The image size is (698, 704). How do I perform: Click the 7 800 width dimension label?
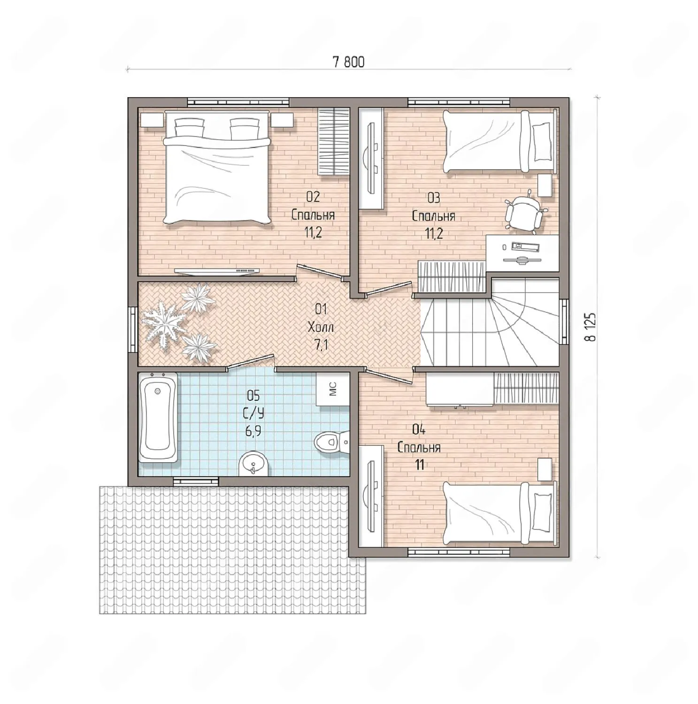[x=348, y=62]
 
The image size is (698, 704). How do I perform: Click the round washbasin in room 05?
[x=253, y=464]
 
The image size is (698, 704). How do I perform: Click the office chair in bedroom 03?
[x=525, y=212]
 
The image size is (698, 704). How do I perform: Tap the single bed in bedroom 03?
[x=500, y=141]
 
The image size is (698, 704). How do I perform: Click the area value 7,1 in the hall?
[x=321, y=345]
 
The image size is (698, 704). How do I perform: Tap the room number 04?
[x=419, y=429]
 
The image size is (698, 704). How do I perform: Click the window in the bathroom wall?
[x=196, y=481]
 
